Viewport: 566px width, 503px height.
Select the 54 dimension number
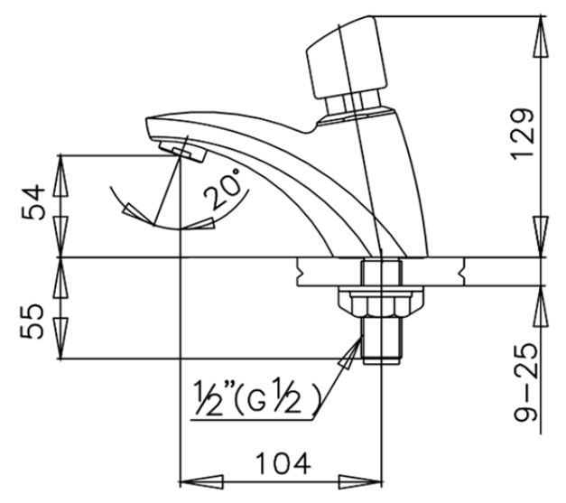point(34,206)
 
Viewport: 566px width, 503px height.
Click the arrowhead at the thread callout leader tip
point(346,362)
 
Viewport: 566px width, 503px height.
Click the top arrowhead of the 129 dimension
point(540,27)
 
